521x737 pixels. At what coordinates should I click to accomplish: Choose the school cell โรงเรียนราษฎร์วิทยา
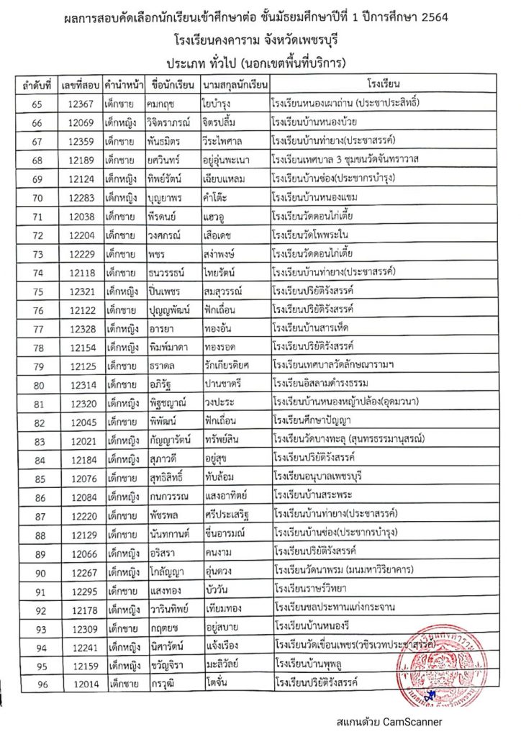click(x=321, y=589)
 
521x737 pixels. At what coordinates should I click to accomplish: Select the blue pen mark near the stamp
click(x=430, y=695)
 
